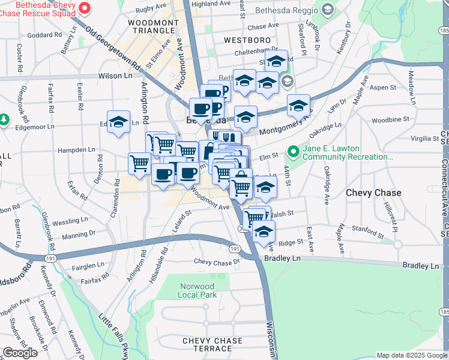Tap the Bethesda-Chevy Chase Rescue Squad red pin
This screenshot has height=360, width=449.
(84, 8)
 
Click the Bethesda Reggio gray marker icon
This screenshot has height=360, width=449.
(327, 10)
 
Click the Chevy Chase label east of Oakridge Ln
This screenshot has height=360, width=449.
(372, 193)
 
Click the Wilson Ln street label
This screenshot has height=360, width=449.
(114, 77)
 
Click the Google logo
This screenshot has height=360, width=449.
(20, 353)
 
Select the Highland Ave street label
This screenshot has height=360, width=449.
(211, 4)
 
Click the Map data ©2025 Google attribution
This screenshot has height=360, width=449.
(411, 355)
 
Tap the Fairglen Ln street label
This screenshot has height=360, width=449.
(88, 264)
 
